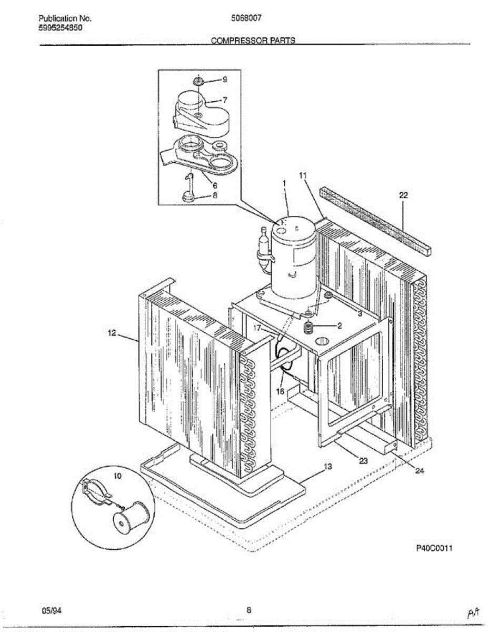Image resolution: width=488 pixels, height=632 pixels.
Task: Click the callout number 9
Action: [224, 80]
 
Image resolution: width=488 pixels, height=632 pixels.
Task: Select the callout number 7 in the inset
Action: [224, 100]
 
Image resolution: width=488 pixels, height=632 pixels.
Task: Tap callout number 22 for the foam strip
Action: [403, 195]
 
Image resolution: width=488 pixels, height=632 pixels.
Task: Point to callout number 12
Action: [112, 332]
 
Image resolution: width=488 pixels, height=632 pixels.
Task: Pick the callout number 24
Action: [420, 471]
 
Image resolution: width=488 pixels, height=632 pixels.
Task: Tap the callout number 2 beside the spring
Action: [340, 325]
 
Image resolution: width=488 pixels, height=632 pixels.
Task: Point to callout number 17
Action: [257, 328]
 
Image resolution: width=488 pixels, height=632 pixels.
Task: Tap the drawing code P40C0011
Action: [435, 548]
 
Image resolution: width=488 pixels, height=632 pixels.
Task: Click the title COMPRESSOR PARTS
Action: [253, 41]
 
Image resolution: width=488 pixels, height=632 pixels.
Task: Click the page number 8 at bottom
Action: [249, 610]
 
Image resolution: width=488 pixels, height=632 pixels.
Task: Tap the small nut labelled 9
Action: [198, 81]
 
